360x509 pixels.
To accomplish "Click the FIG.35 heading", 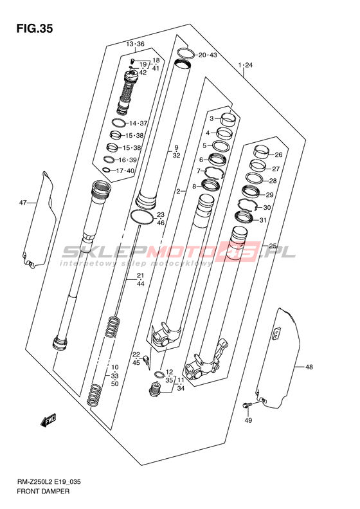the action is (34, 29).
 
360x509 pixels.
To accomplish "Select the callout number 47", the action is (22, 203).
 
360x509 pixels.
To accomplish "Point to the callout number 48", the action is (309, 367).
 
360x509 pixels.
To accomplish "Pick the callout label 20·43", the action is (208, 55).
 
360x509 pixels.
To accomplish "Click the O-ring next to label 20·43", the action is (186, 53).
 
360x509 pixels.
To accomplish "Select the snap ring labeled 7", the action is (214, 172).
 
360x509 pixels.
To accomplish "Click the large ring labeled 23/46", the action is (141, 216).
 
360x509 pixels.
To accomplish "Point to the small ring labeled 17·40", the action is (106, 170).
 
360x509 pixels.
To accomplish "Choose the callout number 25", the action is (273, 246).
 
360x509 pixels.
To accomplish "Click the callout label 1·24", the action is (245, 65).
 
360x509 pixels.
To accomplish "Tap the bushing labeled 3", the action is (228, 118).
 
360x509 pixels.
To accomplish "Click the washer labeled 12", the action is (159, 375).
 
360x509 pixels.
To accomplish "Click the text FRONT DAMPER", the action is (43, 491).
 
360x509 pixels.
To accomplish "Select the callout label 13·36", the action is (135, 44).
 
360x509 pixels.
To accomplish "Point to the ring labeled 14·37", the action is (119, 123).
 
